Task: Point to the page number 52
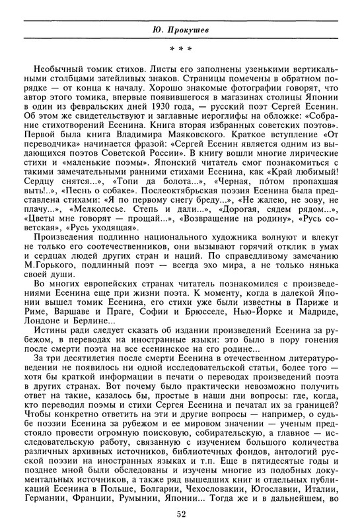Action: (x=180, y=513)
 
